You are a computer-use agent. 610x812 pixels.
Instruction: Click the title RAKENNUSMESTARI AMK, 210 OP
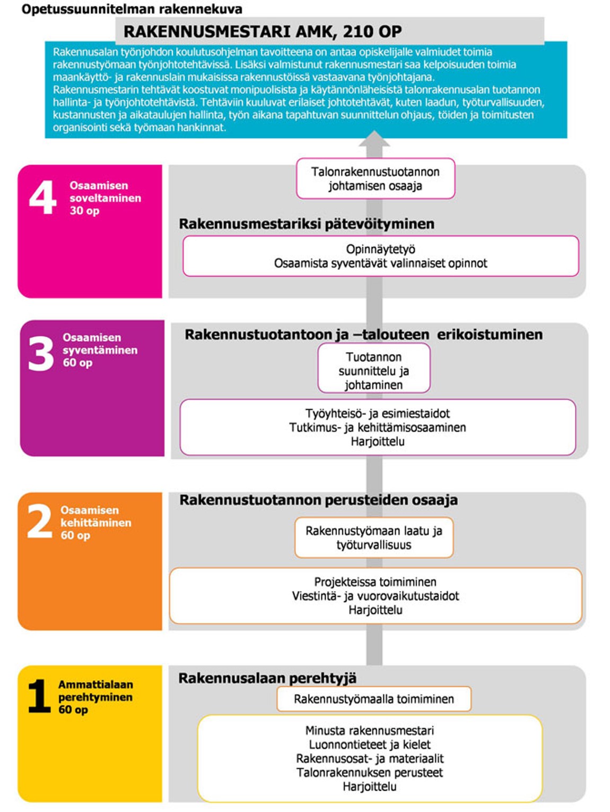tap(263, 31)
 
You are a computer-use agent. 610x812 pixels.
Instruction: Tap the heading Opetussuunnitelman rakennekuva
tap(132, 8)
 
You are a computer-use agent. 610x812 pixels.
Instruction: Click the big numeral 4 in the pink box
tap(42, 197)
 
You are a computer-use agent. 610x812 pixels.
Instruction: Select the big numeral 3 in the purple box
tap(41, 353)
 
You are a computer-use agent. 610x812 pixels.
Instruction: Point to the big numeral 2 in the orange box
tap(39, 521)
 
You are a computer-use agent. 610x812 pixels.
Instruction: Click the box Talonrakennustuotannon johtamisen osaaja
tap(375, 178)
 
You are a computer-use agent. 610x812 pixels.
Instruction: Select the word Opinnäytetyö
tap(380, 249)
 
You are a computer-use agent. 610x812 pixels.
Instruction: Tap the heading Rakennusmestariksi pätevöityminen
tap(306, 224)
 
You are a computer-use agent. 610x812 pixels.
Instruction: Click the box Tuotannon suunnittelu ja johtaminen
tap(373, 370)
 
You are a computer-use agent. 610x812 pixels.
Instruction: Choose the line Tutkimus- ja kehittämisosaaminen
tap(377, 428)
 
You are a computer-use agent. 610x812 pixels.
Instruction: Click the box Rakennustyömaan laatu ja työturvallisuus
tap(373, 537)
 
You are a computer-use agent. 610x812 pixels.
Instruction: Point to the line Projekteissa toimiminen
tap(375, 582)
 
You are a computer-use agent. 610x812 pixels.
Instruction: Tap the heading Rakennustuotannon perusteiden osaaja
tap(318, 500)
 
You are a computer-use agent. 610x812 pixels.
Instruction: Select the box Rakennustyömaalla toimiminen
tap(373, 699)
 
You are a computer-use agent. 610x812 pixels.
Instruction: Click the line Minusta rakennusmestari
tap(369, 730)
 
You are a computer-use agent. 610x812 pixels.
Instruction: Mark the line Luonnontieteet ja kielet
tap(369, 745)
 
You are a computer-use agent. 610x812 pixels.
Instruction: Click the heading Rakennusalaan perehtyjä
tap(267, 678)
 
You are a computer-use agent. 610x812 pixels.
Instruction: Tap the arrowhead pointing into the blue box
tap(374, 139)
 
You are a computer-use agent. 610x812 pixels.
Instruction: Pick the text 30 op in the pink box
tap(84, 211)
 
